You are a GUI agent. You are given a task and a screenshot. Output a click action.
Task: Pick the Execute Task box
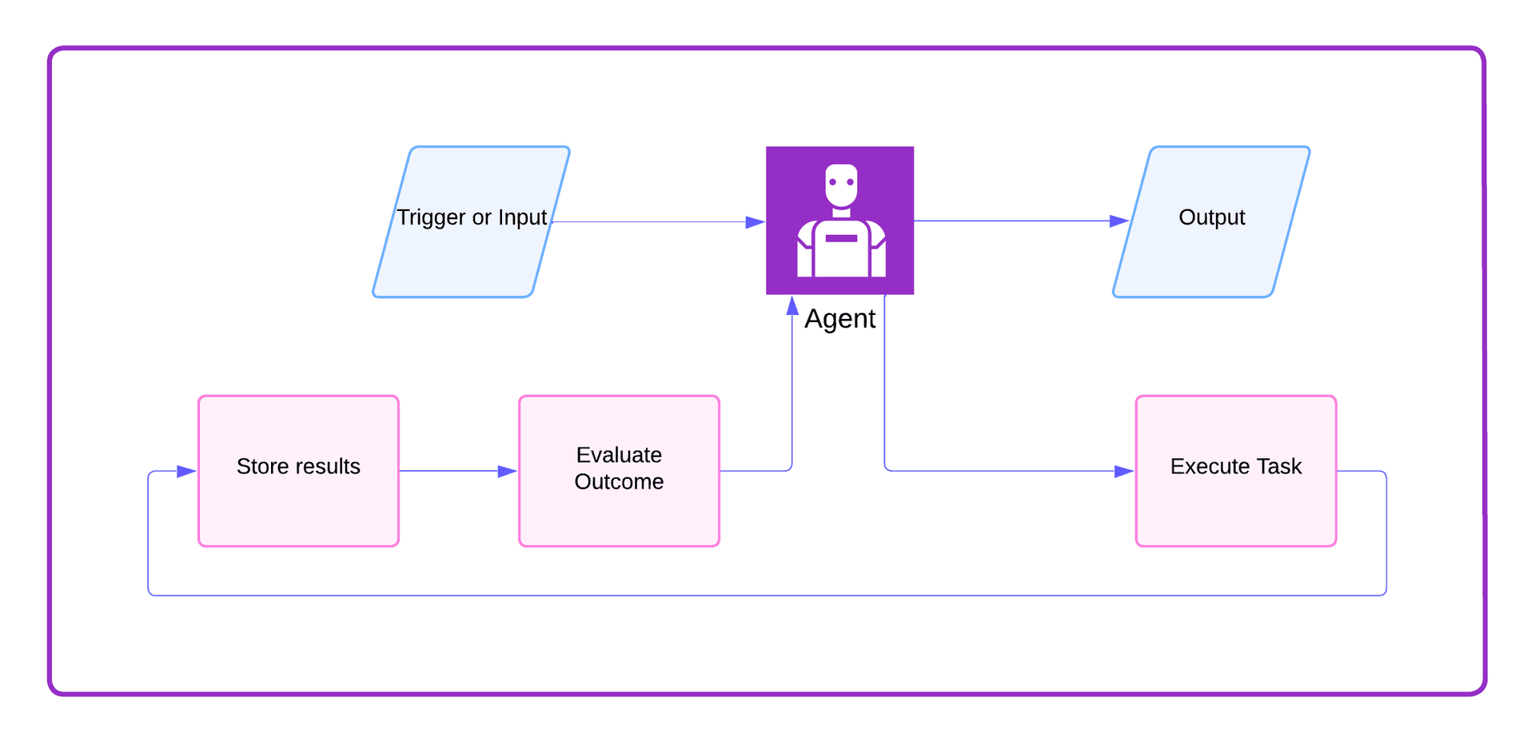click(x=1235, y=504)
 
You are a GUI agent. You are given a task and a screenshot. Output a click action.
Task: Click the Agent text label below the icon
click(x=839, y=319)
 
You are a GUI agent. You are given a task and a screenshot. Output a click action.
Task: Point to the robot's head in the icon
click(x=841, y=185)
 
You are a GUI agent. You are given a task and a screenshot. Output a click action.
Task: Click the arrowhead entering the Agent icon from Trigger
click(x=755, y=222)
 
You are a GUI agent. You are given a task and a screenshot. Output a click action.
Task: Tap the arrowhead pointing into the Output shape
click(x=1118, y=221)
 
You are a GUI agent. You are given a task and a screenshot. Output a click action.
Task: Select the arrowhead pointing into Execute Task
click(x=1123, y=472)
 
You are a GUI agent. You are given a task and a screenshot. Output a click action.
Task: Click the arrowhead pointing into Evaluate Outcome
click(x=507, y=472)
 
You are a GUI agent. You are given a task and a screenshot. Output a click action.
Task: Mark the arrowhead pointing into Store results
click(x=186, y=472)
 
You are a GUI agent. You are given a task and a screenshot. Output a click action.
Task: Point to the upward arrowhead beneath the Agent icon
click(x=792, y=305)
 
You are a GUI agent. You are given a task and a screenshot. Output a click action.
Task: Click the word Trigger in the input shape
click(x=431, y=217)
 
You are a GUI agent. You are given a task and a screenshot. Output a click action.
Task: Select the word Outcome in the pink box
click(x=619, y=482)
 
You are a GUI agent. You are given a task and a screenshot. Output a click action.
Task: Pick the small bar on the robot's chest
click(x=841, y=238)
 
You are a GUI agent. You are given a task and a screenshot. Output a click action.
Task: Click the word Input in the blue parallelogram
click(x=522, y=217)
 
